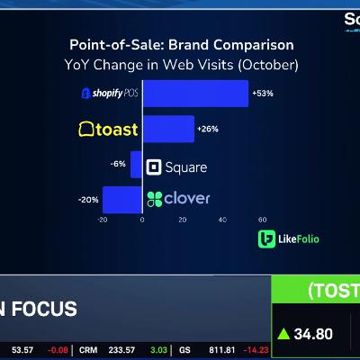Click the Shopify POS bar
point(194,94)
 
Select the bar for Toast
point(167,129)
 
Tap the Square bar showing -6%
point(136,164)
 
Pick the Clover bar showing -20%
point(121,199)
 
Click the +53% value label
point(262,94)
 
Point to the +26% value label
point(207,129)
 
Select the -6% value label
point(118,164)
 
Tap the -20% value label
point(89,199)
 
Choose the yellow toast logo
point(108,130)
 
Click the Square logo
point(176,166)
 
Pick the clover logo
point(178,198)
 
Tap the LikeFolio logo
point(289,238)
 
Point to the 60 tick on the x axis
point(262,219)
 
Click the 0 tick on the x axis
point(142,219)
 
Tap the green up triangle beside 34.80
point(283,334)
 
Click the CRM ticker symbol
point(88,349)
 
